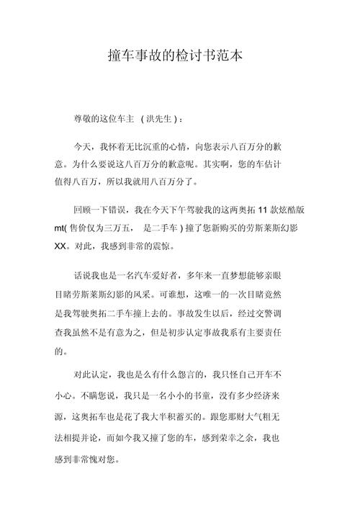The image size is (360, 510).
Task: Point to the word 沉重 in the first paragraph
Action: point(178,145)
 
